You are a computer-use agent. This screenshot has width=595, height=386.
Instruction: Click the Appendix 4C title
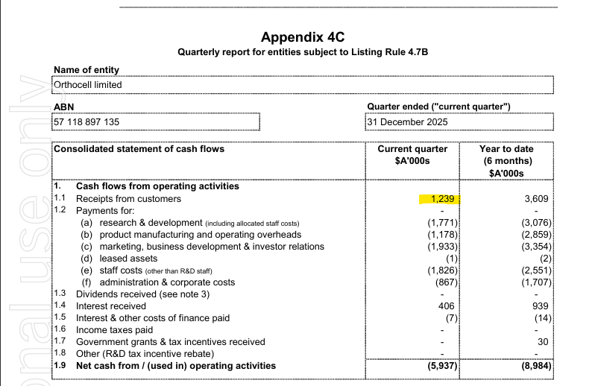pos(303,37)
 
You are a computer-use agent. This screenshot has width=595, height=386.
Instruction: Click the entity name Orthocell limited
pos(88,84)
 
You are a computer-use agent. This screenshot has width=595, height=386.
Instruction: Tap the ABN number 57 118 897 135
pos(86,121)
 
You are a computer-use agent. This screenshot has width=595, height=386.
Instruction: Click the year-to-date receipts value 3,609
pos(535,200)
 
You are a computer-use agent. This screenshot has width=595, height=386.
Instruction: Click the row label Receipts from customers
pos(130,200)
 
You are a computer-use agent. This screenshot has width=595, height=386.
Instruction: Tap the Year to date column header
pos(506,161)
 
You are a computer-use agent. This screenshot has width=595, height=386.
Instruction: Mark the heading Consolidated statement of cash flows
pos(139,149)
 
